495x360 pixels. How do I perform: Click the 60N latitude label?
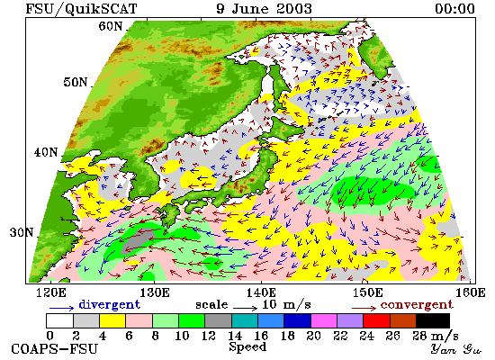click(x=110, y=26)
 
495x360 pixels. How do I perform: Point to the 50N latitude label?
click(x=75, y=82)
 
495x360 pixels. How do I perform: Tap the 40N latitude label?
click(x=46, y=152)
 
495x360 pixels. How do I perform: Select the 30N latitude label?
click(x=22, y=232)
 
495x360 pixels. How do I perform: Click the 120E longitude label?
click(x=51, y=292)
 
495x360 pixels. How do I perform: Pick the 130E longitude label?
click(x=155, y=292)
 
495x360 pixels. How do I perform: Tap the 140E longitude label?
click(x=261, y=292)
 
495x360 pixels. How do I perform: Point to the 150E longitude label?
click(x=367, y=292)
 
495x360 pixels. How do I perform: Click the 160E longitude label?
click(x=471, y=292)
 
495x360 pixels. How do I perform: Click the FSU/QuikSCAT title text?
click(x=81, y=8)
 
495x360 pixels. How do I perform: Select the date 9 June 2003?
click(x=264, y=8)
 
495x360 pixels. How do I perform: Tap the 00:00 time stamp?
click(x=454, y=8)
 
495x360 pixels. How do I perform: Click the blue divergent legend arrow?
click(x=61, y=308)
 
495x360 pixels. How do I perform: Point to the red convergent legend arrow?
click(x=364, y=308)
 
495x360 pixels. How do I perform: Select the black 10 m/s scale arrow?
click(x=246, y=307)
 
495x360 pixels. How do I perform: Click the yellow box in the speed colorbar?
click(x=112, y=320)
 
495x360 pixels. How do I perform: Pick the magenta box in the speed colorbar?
click(x=324, y=320)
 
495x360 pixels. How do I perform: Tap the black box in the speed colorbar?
click(x=433, y=320)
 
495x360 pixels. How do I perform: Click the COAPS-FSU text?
click(x=54, y=349)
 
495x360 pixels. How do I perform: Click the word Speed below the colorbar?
click(x=247, y=347)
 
